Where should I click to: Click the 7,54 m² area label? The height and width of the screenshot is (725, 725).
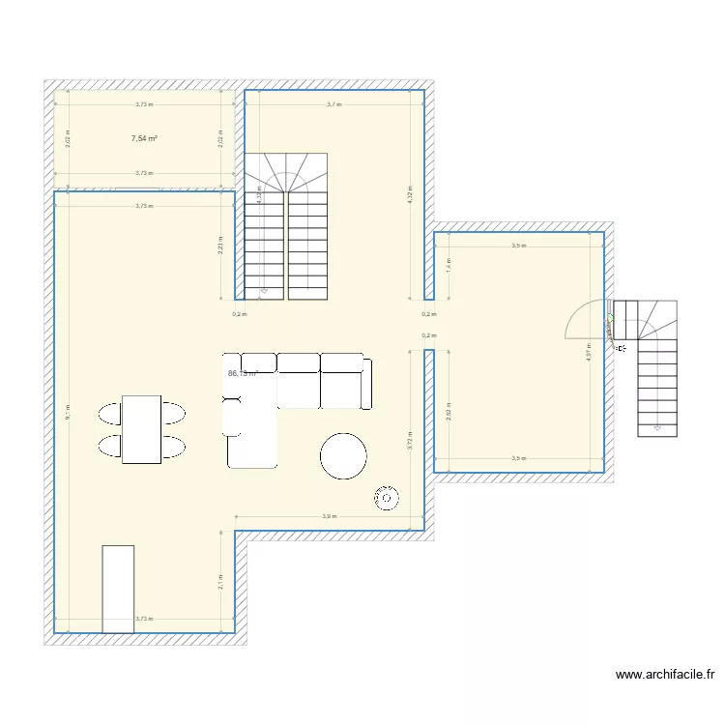coord(144,138)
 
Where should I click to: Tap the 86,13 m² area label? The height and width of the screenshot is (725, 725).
coord(243,373)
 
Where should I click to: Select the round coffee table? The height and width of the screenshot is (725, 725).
coord(343,456)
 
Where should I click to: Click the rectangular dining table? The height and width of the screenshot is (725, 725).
coord(141,429)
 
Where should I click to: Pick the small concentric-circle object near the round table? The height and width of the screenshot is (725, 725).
coord(386,498)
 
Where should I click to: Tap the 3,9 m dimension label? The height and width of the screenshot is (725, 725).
coord(330,517)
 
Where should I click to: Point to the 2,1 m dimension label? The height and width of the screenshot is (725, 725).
coord(220,581)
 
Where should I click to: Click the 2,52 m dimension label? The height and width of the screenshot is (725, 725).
coord(448,411)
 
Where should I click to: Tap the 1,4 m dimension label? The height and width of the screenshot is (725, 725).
coord(448,265)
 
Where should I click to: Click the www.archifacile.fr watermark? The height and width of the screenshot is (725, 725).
coord(664,675)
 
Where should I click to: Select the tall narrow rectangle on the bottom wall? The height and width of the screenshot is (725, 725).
coord(118,589)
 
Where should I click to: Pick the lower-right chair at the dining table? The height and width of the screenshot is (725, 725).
coord(171,447)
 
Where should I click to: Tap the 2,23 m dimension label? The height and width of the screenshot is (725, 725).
coord(220,249)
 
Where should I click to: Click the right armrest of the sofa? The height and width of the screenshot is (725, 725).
coord(366,383)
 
